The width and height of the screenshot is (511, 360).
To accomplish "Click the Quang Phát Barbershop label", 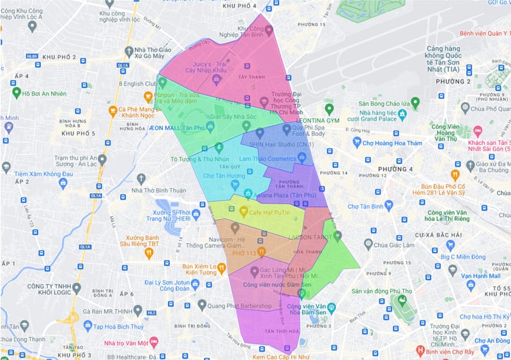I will coord(240,306).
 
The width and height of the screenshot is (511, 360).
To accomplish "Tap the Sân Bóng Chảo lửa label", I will coord(383,103).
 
